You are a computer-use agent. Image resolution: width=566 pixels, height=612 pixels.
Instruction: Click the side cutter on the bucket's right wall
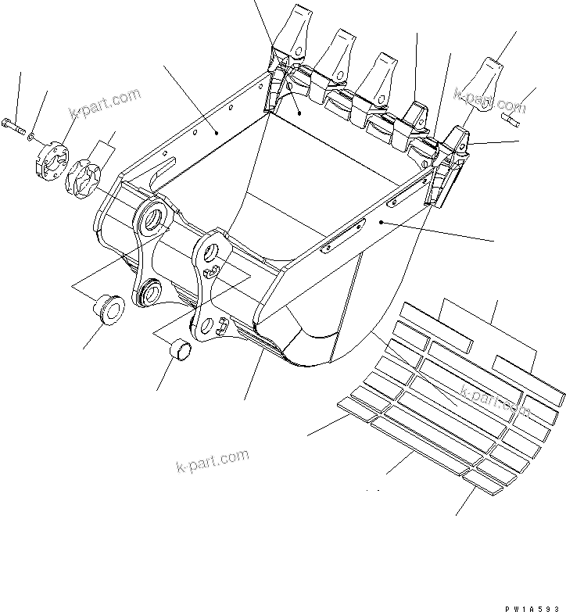click(443, 180)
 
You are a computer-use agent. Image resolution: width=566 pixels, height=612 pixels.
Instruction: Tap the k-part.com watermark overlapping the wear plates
click(495, 400)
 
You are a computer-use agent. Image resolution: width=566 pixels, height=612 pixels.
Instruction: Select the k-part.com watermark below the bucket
click(212, 463)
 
